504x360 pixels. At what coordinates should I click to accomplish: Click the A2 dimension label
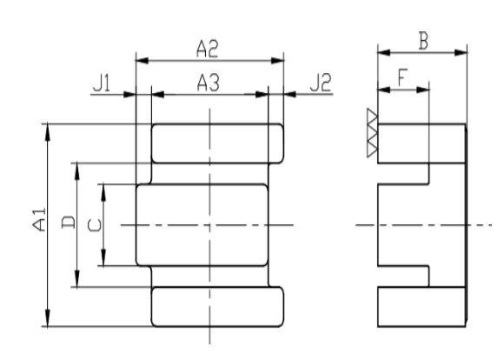(x=208, y=49)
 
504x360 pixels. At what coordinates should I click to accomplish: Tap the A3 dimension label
(x=209, y=83)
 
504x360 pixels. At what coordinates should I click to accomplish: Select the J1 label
(x=102, y=83)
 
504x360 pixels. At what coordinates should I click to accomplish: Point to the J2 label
(x=321, y=83)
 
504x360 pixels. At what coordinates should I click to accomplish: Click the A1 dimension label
(x=39, y=220)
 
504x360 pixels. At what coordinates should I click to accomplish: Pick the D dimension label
(x=68, y=223)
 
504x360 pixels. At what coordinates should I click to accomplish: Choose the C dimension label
(x=95, y=225)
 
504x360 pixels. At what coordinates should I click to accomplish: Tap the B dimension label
(x=424, y=42)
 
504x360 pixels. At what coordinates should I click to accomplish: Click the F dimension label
(x=402, y=77)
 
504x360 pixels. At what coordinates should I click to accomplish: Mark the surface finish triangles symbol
(x=372, y=133)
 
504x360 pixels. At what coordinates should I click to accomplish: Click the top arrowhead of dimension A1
(x=48, y=132)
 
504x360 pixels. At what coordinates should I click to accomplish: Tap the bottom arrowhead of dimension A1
(x=48, y=318)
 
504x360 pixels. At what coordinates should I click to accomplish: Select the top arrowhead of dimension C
(x=103, y=193)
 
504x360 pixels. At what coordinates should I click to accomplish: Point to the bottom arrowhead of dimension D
(x=76, y=278)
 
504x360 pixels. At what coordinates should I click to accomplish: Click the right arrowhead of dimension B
(x=461, y=52)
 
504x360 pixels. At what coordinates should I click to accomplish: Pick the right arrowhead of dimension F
(x=422, y=90)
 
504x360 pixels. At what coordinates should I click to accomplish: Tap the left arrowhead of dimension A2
(x=142, y=61)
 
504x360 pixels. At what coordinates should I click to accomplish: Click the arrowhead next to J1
(x=129, y=95)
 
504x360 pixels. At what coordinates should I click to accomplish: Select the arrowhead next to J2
(x=290, y=94)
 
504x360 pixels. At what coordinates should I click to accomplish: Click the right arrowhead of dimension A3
(x=262, y=95)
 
